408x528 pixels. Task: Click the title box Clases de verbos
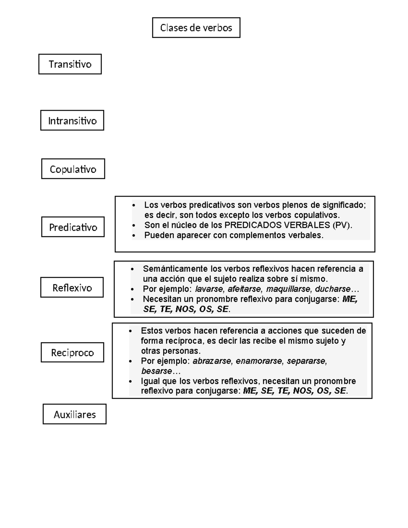tap(196, 28)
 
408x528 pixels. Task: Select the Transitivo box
tap(70, 64)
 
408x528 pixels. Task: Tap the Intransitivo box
tap(72, 120)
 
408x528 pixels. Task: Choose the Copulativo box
tap(73, 169)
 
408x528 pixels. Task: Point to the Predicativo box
tap(73, 227)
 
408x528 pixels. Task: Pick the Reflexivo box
tap(72, 288)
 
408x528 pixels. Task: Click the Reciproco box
tap(72, 353)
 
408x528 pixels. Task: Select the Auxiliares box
tap(74, 414)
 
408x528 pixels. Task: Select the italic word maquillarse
tap(288, 289)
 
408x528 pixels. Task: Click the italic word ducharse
tap(333, 289)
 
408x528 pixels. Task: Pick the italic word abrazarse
tap(212, 361)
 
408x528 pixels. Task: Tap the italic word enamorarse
tap(259, 361)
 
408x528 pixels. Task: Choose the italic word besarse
tap(156, 371)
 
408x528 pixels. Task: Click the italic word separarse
tap(306, 361)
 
